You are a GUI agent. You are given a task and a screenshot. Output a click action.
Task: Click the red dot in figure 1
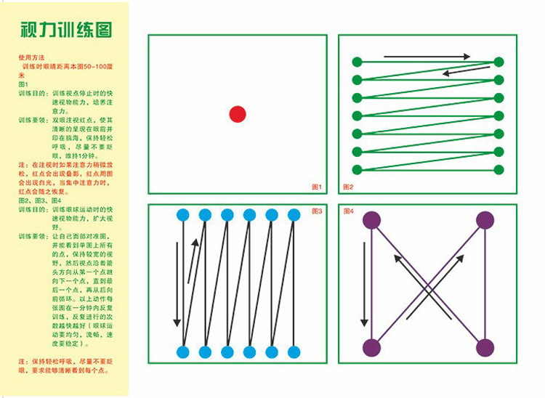238,114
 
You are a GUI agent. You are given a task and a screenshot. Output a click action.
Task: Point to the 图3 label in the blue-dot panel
316,211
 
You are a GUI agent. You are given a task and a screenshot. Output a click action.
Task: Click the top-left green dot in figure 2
357,62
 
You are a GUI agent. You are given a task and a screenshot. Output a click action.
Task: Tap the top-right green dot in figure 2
498,62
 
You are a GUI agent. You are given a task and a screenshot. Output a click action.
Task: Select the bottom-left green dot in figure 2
357,171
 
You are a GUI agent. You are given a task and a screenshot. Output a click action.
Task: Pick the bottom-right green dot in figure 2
498,171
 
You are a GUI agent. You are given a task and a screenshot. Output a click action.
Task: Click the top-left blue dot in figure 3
183,215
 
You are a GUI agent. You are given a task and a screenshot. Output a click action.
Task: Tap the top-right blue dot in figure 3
294,215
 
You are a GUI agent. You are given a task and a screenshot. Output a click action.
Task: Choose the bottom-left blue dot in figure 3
183,352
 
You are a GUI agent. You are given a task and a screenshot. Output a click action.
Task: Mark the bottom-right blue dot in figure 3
294,352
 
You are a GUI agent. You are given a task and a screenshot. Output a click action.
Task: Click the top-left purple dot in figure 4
372,221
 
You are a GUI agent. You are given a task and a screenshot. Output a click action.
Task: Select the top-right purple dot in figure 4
485,221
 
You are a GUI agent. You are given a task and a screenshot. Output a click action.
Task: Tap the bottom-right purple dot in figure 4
485,347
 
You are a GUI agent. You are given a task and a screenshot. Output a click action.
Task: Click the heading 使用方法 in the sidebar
32,57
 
